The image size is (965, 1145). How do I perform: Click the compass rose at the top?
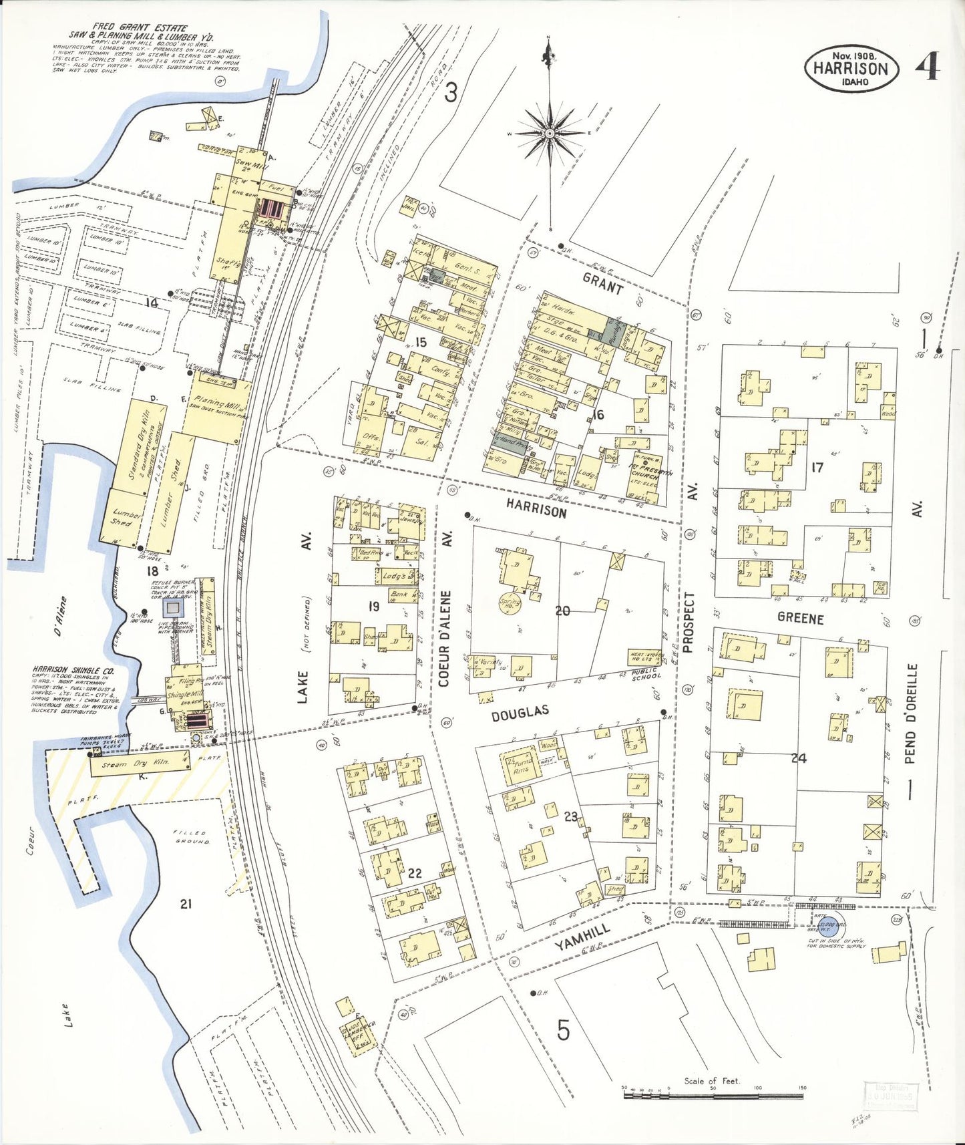coord(549,133)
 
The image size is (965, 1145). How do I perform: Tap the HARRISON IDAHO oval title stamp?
coord(851,69)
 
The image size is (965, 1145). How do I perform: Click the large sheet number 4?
coord(928,66)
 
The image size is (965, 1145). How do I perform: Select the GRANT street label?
coord(602,285)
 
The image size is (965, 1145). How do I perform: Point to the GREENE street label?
coord(800,618)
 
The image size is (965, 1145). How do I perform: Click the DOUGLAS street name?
coord(520,713)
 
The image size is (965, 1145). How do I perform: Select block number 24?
coord(799,758)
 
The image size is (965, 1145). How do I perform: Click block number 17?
coord(817,468)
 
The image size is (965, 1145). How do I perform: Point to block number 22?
coord(414,872)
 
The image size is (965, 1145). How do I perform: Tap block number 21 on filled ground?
coord(186,904)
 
